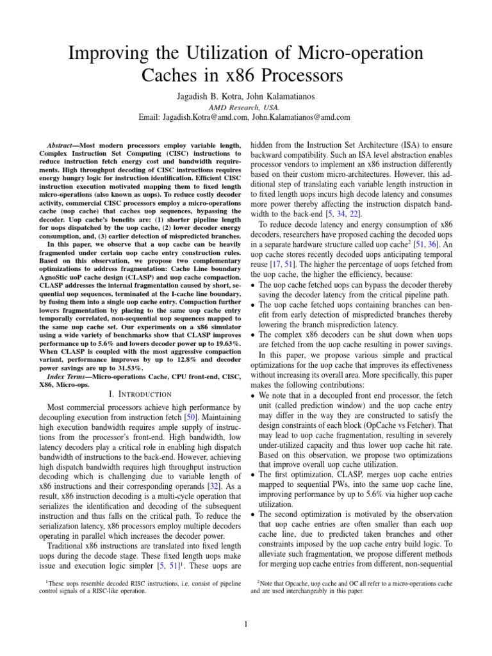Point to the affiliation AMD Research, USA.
246,107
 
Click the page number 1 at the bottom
246,624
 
